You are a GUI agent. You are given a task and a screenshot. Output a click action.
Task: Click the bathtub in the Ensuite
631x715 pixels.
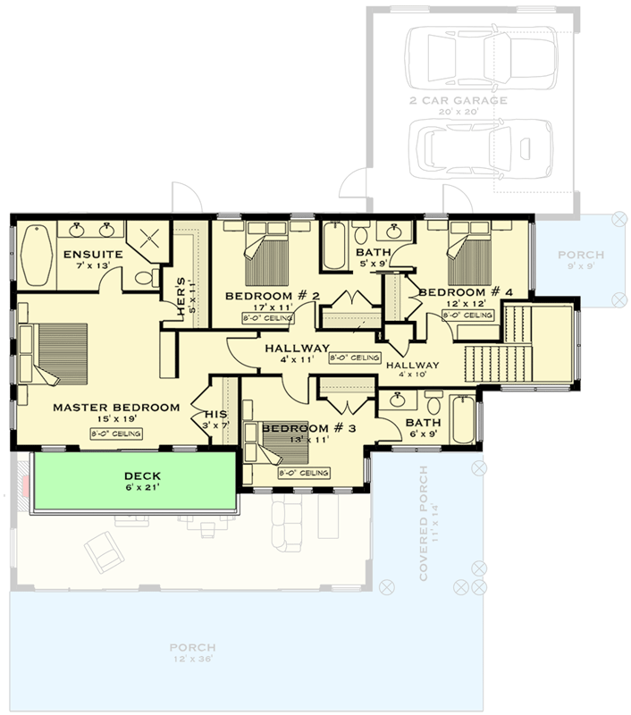click(x=37, y=253)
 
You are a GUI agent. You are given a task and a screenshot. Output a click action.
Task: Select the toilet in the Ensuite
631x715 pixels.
click(x=144, y=277)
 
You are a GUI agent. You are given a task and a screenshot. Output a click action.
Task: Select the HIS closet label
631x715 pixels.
click(x=216, y=414)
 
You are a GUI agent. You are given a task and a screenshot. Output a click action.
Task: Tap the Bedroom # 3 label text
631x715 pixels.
click(x=308, y=428)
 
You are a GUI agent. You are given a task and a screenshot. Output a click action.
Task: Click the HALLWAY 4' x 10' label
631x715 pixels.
click(x=412, y=366)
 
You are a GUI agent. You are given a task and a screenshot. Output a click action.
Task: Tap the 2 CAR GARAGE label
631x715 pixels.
click(x=458, y=101)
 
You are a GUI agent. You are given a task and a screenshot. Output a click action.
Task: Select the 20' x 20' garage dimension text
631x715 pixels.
click(x=458, y=114)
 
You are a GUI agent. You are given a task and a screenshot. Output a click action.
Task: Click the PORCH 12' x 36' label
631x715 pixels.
click(x=194, y=647)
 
